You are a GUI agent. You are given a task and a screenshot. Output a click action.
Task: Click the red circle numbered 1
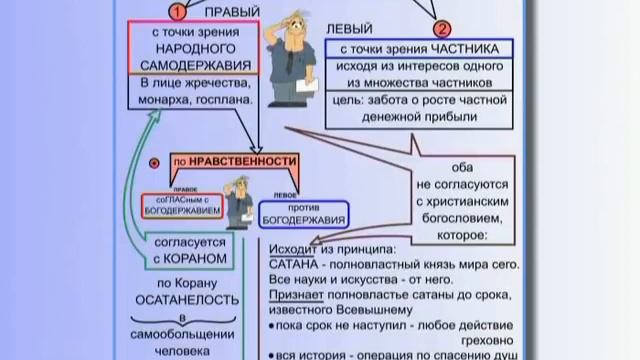pos(176,12)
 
